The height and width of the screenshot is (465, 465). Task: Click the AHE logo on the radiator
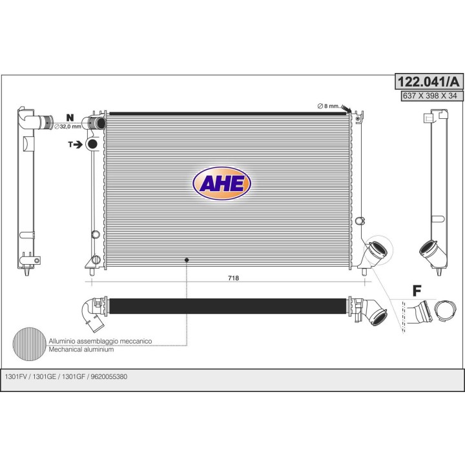tap(222, 183)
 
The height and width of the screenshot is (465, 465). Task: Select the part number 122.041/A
tap(429, 81)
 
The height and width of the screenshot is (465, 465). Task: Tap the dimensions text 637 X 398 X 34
tap(429, 96)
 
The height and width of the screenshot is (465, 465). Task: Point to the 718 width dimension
tap(233, 278)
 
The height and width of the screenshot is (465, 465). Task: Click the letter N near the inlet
tap(70, 118)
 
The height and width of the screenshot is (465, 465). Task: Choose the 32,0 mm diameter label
tap(68, 127)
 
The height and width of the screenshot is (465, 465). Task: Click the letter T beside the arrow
tap(70, 145)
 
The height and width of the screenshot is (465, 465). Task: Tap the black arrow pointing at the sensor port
tap(78, 145)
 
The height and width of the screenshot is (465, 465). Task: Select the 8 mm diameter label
tap(328, 106)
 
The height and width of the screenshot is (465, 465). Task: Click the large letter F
tap(417, 291)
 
